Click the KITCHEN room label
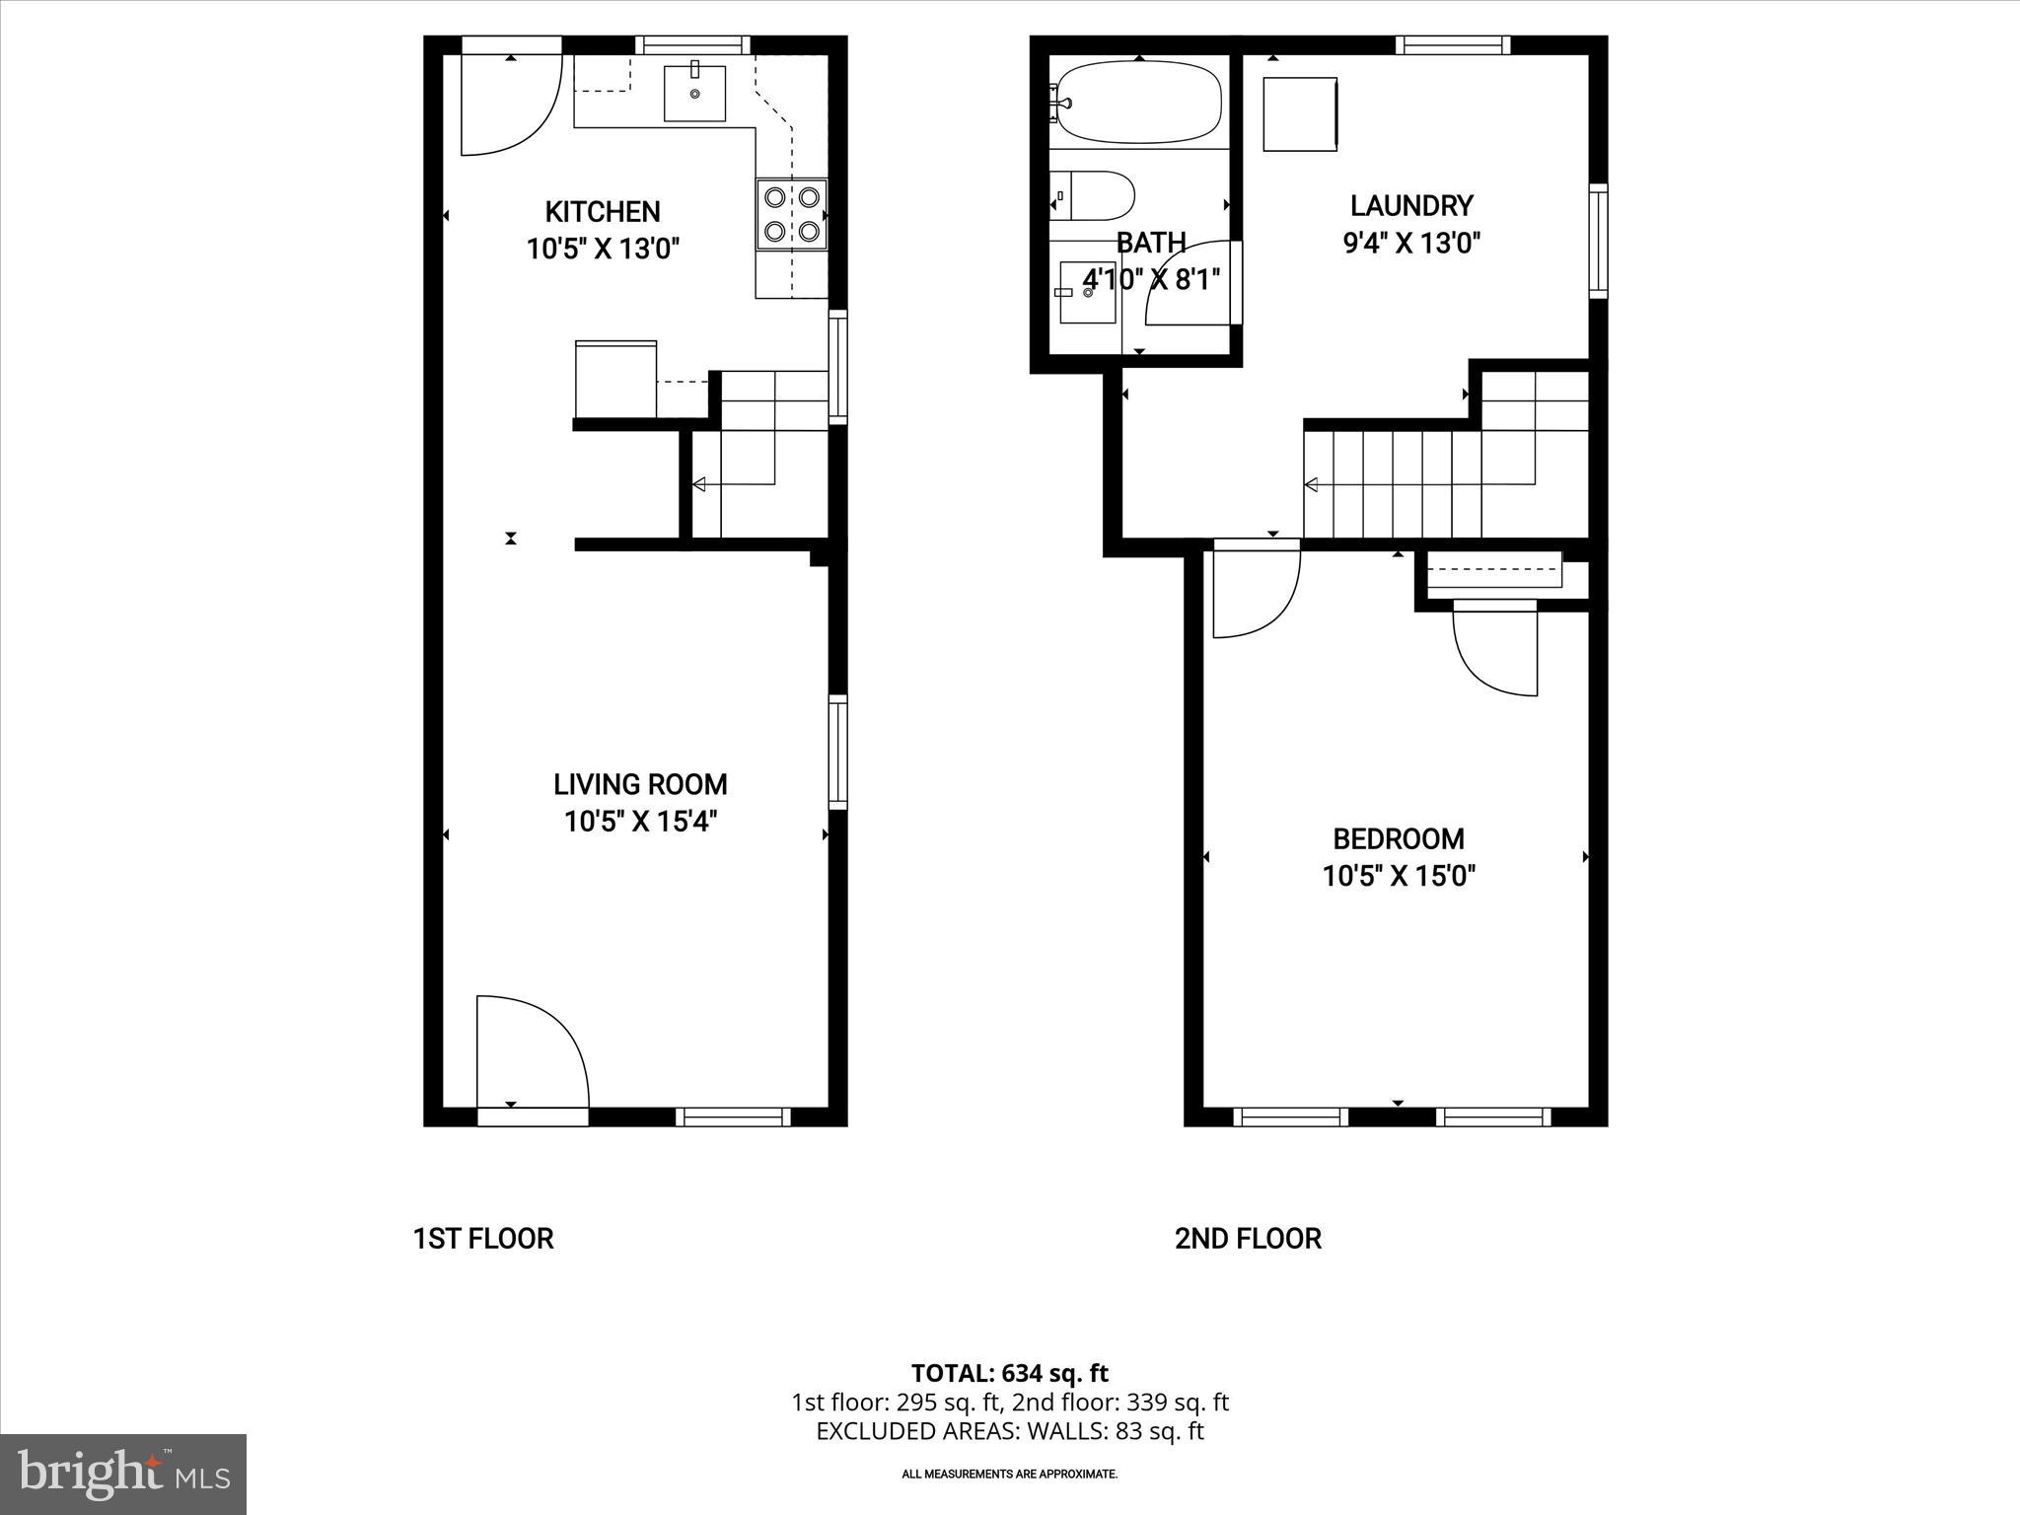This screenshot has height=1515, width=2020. tap(603, 212)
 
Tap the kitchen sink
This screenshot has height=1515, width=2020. tap(694, 93)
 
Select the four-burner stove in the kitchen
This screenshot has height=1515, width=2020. tap(792, 214)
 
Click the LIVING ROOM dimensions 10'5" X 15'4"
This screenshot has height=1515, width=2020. tap(640, 822)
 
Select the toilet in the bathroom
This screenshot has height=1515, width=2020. tap(1093, 196)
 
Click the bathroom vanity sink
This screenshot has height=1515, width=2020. tap(1087, 292)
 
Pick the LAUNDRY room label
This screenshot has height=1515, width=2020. tap(1411, 206)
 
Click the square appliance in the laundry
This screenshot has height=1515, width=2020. tap(1300, 114)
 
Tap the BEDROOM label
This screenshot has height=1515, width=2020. tap(1399, 839)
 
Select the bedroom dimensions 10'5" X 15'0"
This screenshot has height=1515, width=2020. tap(1399, 876)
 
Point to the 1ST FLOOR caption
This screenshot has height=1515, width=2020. tap(483, 1239)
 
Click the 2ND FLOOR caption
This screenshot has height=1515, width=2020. tap(1248, 1239)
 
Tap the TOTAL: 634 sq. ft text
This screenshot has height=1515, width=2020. tap(1009, 1373)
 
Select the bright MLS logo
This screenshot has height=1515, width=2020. tap(123, 1474)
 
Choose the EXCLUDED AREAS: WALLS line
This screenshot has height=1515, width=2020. tap(1009, 1431)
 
